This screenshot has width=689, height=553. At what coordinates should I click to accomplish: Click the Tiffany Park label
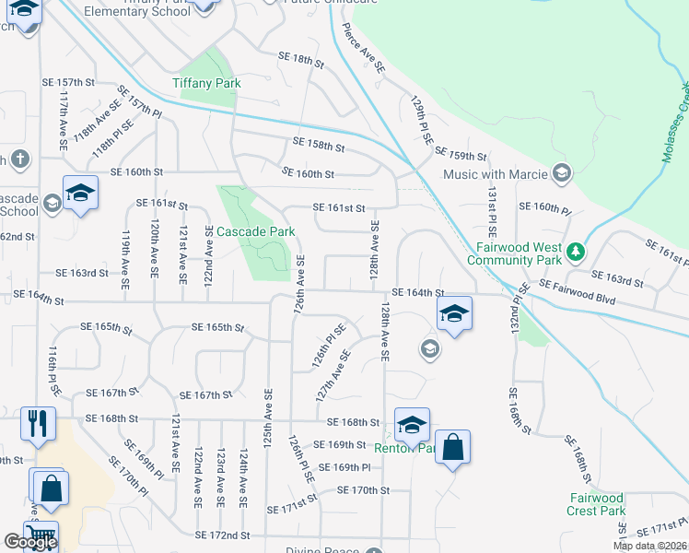click(x=206, y=83)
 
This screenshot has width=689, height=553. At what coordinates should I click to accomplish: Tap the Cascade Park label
click(x=255, y=231)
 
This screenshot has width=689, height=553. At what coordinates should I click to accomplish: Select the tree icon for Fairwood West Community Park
click(x=576, y=251)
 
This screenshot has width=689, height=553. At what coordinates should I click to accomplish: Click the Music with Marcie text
click(x=495, y=173)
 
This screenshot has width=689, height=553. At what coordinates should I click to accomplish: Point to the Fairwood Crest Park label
click(x=596, y=504)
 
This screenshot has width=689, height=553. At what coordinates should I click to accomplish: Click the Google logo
click(x=30, y=542)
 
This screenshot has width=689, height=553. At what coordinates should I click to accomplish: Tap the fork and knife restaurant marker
click(x=37, y=423)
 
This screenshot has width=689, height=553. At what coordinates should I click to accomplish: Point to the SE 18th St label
click(x=302, y=63)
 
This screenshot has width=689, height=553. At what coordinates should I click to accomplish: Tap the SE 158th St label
click(x=319, y=145)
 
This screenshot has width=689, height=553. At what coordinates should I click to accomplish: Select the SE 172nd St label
click(x=222, y=535)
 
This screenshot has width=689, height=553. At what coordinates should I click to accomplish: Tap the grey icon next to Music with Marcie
click(x=562, y=173)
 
